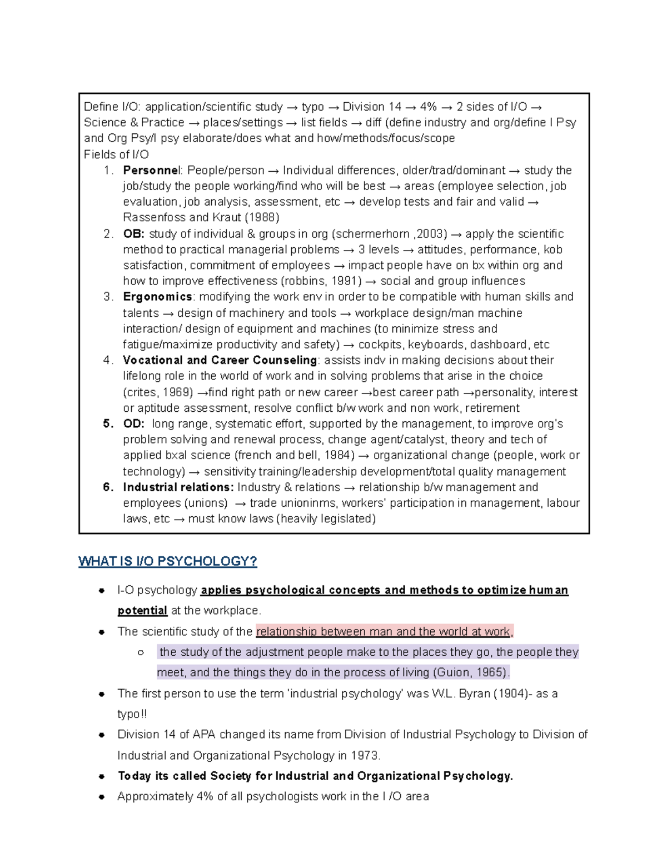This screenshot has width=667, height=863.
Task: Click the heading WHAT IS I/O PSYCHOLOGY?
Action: pos(167,561)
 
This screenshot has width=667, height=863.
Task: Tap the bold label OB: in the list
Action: pos(133,233)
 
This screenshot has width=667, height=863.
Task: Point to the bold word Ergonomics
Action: pos(157,297)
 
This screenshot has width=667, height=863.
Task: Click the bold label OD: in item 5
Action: pos(133,423)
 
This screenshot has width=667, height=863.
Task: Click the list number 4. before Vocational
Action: pos(108,360)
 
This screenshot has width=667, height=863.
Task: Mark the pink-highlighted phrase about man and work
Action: pos(384,631)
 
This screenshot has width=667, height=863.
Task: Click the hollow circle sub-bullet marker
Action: pos(141,652)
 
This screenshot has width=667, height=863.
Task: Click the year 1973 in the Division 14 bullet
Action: pos(366,756)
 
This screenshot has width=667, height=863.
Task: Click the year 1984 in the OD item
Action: pos(340,455)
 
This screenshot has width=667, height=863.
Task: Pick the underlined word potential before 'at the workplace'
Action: pos(142,610)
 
